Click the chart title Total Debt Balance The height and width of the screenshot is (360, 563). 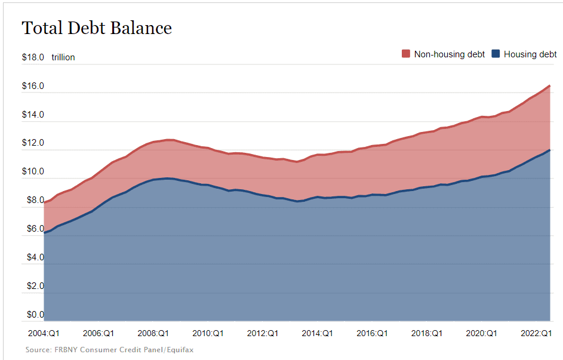[97, 28]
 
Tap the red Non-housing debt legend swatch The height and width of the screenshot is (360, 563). [406, 54]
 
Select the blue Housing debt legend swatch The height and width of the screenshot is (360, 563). [496, 54]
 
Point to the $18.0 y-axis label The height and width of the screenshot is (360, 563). [33, 58]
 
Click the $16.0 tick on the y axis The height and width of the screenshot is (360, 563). [33, 87]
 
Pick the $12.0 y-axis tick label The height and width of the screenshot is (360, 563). [33, 143]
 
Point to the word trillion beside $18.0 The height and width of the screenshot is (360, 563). [63, 58]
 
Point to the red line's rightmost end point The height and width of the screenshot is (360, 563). [549, 86]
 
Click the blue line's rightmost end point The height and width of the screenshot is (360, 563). [549, 150]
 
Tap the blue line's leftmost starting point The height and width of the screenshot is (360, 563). [45, 232]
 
